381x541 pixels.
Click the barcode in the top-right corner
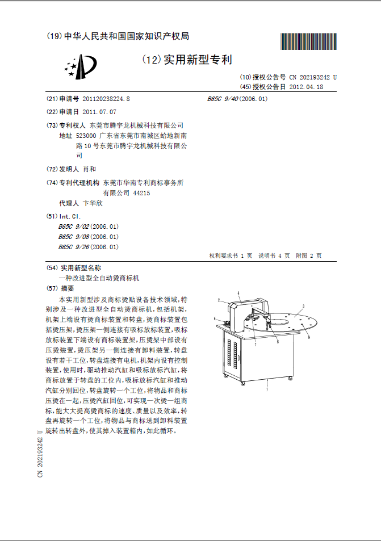pos(309,43)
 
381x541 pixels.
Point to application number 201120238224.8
pos(106,99)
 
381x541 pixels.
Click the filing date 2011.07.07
pos(99,112)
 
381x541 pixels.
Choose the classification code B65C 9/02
pos(74,227)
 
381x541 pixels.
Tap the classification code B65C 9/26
pos(74,247)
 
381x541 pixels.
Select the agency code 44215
pos(141,193)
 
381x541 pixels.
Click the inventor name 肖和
pos(90,169)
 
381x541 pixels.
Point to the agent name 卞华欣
pos(93,203)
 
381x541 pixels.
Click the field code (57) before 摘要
pos(52,288)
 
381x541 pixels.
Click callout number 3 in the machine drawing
pos(303,306)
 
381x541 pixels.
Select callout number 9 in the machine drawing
pos(308,337)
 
